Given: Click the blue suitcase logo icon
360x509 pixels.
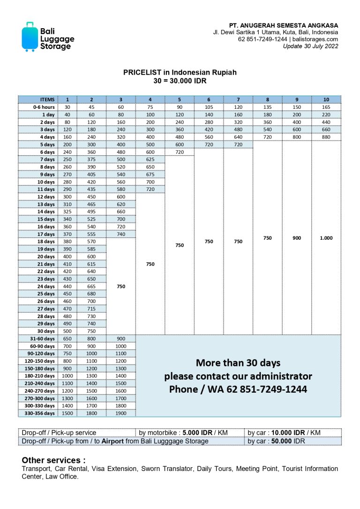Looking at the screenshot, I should coord(30,37).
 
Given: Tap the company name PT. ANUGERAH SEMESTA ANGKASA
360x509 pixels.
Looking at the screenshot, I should coord(283,25).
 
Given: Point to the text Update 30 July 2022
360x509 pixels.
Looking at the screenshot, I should coord(310,46).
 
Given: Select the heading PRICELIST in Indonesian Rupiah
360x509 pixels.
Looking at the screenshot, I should coord(180,72).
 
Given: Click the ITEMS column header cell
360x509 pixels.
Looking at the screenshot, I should coord(38,99).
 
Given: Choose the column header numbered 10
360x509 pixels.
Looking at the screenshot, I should coord(326,99).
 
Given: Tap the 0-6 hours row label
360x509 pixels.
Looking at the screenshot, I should coord(38,107).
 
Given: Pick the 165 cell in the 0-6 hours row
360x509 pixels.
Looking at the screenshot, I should coord(326,107).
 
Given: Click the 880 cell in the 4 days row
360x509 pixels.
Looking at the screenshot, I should coord(326,137).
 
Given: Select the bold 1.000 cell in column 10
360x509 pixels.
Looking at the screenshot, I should coord(326,238).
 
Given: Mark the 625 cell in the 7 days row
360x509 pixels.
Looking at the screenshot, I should coord(150,160).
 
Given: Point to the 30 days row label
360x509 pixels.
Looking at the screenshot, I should coord(38,331).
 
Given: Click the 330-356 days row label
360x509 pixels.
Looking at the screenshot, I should coord(38,413).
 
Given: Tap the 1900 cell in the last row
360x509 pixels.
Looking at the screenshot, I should coord(121,413).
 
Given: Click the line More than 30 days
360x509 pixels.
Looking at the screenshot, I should coord(238,363).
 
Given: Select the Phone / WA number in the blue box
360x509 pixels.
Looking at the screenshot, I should coord(238,389).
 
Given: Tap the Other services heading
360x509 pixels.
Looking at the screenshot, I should coord(53,460).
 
